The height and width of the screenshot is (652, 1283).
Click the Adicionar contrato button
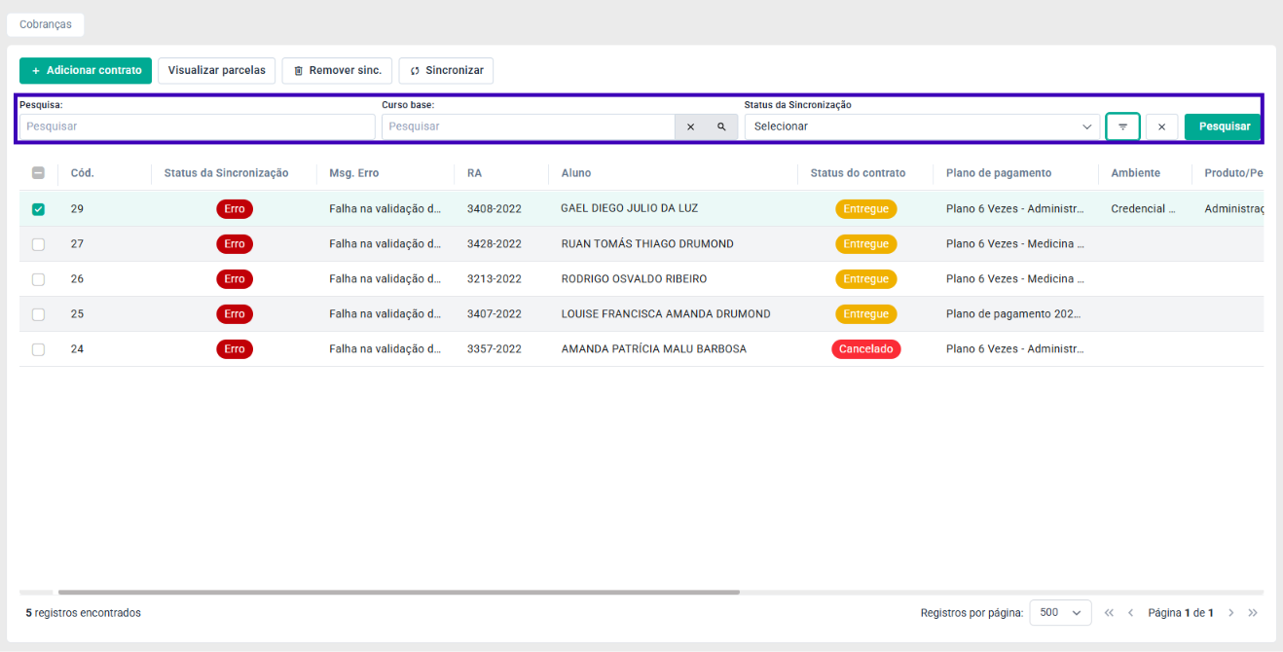pyautogui.click(x=86, y=70)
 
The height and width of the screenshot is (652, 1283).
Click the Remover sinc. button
pyautogui.click(x=337, y=70)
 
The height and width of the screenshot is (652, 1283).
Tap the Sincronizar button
pyautogui.click(x=446, y=70)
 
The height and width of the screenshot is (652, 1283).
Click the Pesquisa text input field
pyautogui.click(x=197, y=127)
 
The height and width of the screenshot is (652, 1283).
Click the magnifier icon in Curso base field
pyautogui.click(x=721, y=127)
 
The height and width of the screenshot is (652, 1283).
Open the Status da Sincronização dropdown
pyautogui.click(x=922, y=127)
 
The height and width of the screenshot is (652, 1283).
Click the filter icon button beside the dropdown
pyautogui.click(x=1122, y=127)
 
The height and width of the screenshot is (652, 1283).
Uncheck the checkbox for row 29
pyautogui.click(x=38, y=209)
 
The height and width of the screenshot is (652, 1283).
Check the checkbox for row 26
pyautogui.click(x=38, y=279)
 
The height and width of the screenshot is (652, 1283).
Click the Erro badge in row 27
pyautogui.click(x=235, y=244)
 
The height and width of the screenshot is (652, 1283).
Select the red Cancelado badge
pyautogui.click(x=866, y=349)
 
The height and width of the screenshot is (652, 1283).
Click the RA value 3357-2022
pyautogui.click(x=495, y=349)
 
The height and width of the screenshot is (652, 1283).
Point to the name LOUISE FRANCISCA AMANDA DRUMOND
pyautogui.click(x=666, y=314)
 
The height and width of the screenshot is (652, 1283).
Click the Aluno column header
pyautogui.click(x=576, y=173)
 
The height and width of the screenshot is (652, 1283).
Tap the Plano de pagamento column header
pyautogui.click(x=999, y=173)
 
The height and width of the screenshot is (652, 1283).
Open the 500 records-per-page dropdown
pyautogui.click(x=1060, y=613)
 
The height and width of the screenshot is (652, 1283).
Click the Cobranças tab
pyautogui.click(x=45, y=24)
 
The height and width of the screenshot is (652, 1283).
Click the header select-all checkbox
pyautogui.click(x=38, y=173)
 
